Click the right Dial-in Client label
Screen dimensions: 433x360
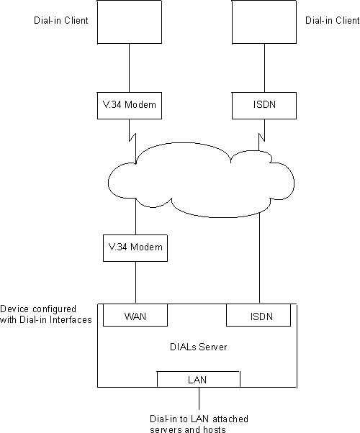coord(328,21)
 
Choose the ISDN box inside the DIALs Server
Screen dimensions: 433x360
coord(259,315)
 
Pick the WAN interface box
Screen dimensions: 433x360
coord(136,315)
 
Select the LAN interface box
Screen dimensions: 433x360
coord(199,379)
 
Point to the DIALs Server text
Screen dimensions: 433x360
coord(199,347)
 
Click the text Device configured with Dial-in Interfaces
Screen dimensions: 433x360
coord(46,314)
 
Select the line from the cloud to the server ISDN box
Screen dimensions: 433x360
coord(259,259)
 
